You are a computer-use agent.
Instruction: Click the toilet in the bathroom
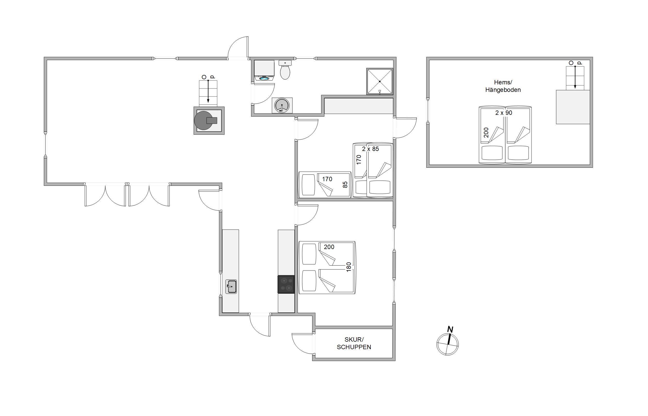(x=285, y=70)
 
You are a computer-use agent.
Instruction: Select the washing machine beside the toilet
(x=264, y=70)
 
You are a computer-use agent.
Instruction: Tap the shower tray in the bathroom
(x=380, y=81)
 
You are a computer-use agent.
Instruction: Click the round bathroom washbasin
(x=282, y=105)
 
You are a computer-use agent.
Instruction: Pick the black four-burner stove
(x=286, y=284)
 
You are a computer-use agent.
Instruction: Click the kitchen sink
(x=231, y=287)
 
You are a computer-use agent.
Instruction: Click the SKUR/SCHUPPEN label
(x=354, y=343)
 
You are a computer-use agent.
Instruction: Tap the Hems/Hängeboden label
(x=503, y=86)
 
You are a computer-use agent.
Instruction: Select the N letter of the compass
(x=450, y=330)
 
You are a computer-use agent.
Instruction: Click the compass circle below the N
(x=447, y=344)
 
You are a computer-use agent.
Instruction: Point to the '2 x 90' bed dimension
(x=504, y=113)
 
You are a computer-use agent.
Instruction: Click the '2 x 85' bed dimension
(x=370, y=149)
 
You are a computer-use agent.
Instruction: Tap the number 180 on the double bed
(x=348, y=267)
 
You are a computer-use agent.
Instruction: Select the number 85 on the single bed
(x=345, y=185)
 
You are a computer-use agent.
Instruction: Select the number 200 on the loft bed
(x=486, y=133)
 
